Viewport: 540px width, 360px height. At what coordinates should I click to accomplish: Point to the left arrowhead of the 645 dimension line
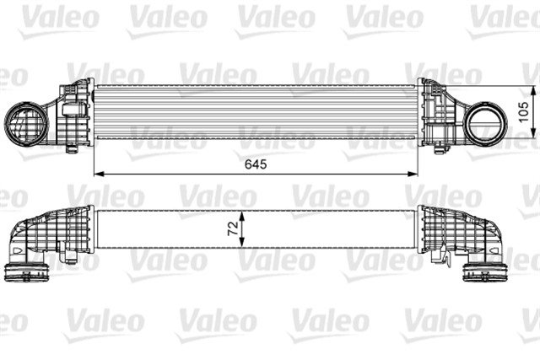96,174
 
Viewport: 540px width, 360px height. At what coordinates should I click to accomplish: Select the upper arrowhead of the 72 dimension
242,214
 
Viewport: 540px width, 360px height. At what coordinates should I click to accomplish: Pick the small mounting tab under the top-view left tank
73,149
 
